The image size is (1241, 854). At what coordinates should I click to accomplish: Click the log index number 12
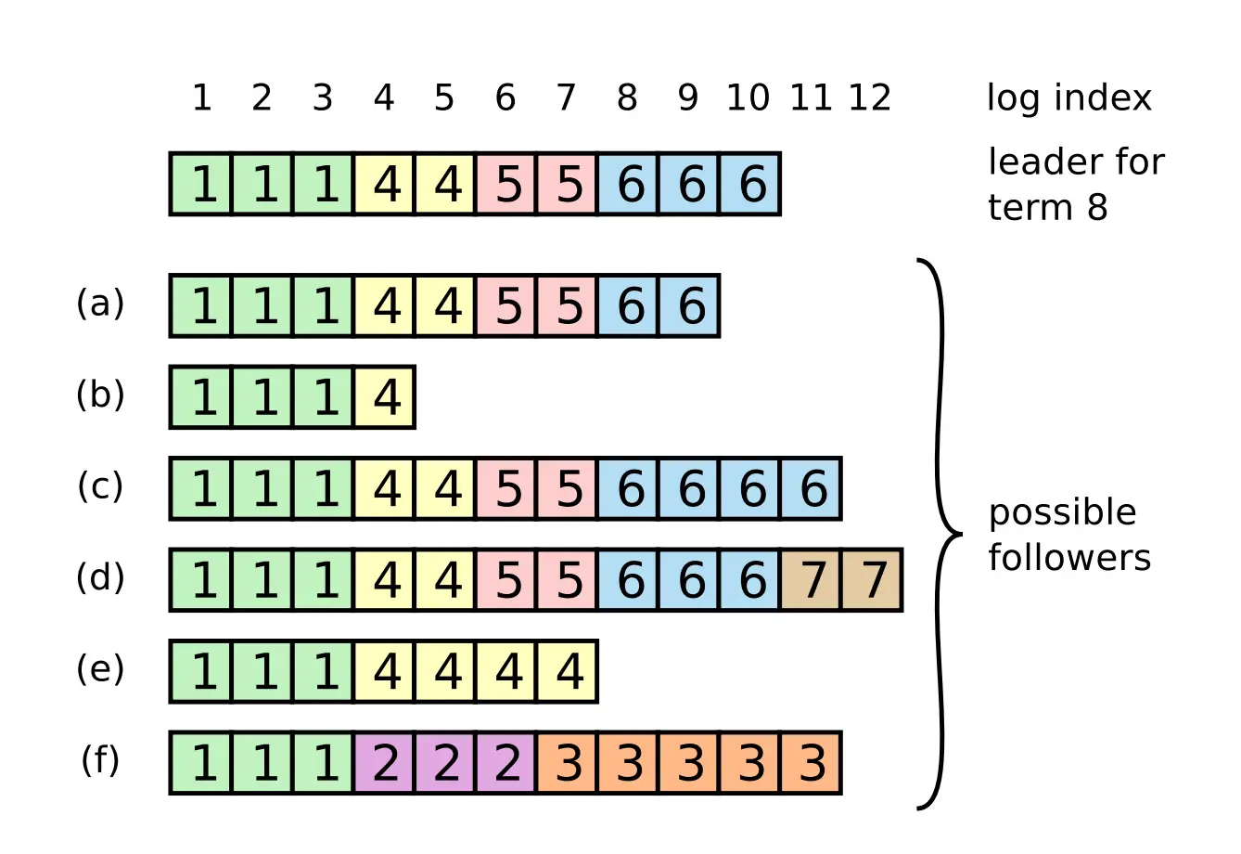click(x=869, y=97)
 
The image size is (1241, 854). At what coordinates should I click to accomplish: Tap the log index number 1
click(x=201, y=97)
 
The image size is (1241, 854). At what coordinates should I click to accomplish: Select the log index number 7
click(x=566, y=97)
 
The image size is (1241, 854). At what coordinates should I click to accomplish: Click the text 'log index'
click(x=1068, y=98)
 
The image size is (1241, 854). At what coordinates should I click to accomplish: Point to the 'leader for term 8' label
click(x=1074, y=184)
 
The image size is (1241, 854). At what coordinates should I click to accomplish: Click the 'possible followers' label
click(x=1068, y=535)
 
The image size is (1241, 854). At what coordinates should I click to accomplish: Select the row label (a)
click(x=100, y=304)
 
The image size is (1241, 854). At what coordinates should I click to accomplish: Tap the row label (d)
click(x=100, y=577)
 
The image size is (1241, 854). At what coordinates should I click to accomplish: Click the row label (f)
click(x=100, y=760)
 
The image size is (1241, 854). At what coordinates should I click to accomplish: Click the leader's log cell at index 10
click(x=749, y=184)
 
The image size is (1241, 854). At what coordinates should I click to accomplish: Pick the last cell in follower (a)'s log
click(x=689, y=305)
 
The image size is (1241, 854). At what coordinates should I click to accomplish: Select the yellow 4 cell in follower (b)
click(x=385, y=396)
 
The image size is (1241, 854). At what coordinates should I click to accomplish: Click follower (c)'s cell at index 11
click(x=812, y=488)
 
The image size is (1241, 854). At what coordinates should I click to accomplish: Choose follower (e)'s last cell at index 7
click(x=568, y=671)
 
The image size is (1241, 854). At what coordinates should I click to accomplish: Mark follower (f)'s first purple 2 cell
click(x=385, y=763)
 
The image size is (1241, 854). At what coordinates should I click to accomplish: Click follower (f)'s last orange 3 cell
click(x=812, y=763)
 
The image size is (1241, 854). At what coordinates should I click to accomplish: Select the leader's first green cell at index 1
click(x=201, y=184)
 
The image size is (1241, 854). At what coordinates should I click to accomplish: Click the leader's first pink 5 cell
click(x=506, y=184)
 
